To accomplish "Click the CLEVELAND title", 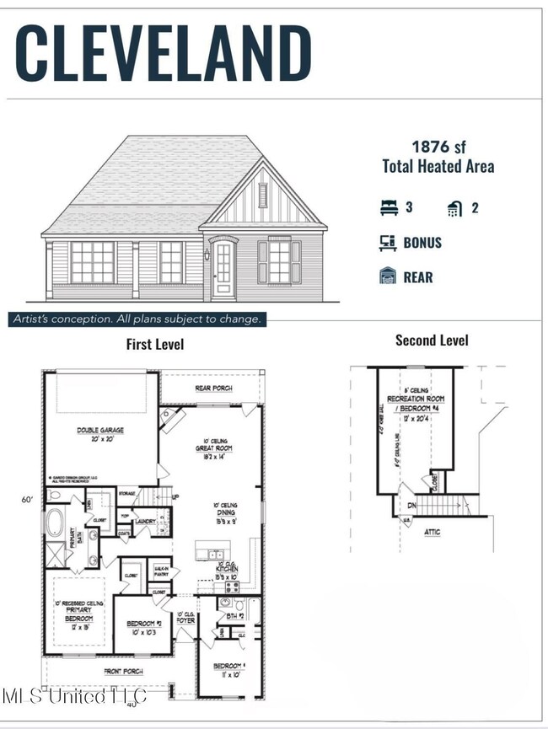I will (x=164, y=53).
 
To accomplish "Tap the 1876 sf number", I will (x=438, y=146).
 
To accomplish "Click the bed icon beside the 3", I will (x=388, y=207).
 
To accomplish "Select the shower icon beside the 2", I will (x=454, y=208).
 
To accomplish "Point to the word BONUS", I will (x=422, y=243).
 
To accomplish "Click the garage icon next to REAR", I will (x=388, y=276).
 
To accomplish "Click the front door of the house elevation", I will (x=223, y=269).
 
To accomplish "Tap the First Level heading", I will (x=155, y=344).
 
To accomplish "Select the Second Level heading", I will (x=432, y=340).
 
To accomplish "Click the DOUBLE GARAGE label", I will (x=100, y=430).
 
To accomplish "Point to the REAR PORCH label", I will (x=214, y=389).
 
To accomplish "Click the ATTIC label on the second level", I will (x=432, y=532).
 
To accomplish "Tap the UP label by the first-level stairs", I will (x=175, y=496).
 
